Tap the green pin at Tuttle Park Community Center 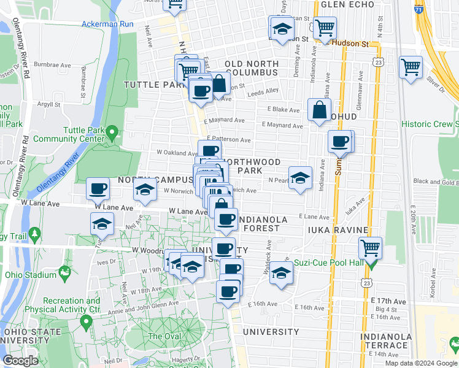pyautogui.click(x=112, y=131)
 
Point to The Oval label pyautogui.click(x=164, y=336)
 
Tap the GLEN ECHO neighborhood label pyautogui.click(x=347, y=4)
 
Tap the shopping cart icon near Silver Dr pyautogui.click(x=411, y=66)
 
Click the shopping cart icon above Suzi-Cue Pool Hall pyautogui.click(x=370, y=248)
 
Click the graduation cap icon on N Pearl pyautogui.click(x=299, y=178)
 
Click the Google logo pyautogui.click(x=21, y=361)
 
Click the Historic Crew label pyautogui.click(x=430, y=125)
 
